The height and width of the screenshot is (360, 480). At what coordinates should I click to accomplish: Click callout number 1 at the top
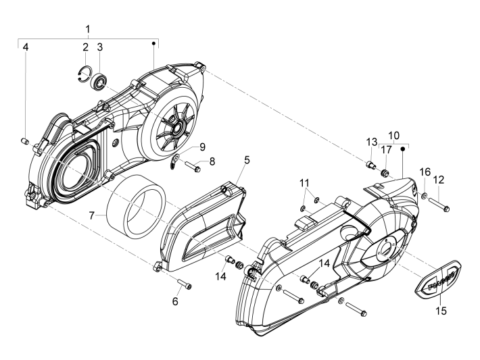coord(87,30)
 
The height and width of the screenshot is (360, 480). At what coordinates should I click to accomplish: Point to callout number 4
coord(25,47)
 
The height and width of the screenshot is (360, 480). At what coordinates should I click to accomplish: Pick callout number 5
coord(228,160)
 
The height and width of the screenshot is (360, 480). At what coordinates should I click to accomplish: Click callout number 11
coord(306,183)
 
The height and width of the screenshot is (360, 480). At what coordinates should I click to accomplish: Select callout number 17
coord(386,150)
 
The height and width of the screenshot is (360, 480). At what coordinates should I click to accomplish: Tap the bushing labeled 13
coord(370,164)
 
